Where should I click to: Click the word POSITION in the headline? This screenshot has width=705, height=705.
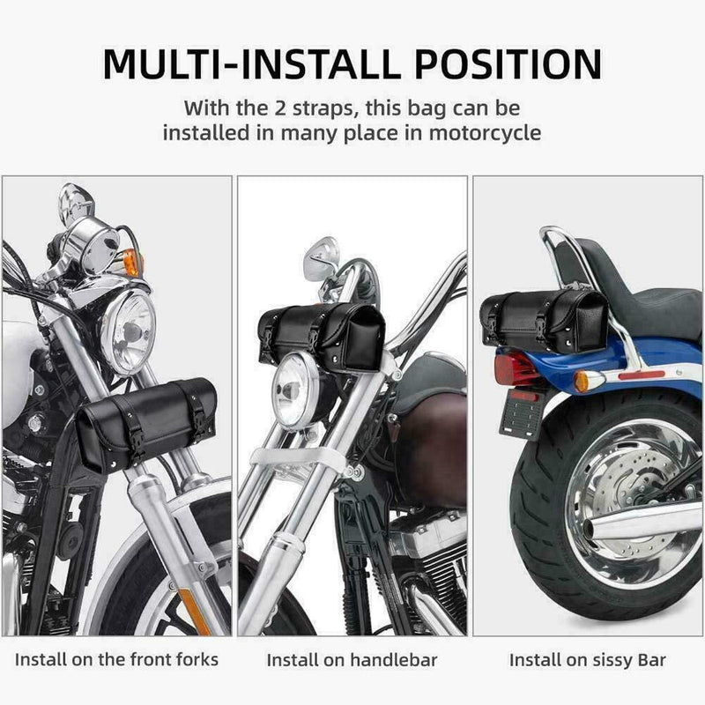point(508,63)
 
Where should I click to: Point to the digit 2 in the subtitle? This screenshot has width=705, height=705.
point(279,108)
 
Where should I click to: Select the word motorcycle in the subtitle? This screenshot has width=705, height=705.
point(485,133)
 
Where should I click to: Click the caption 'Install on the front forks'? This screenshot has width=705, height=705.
point(116,659)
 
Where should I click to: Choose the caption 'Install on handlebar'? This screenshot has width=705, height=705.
point(352,660)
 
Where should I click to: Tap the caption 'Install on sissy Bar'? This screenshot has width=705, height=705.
point(587,660)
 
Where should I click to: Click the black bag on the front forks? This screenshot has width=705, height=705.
point(145,423)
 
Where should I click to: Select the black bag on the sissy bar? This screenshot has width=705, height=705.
point(544,321)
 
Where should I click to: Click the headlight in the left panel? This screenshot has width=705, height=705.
point(128,331)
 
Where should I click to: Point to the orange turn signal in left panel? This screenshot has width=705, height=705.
point(132,262)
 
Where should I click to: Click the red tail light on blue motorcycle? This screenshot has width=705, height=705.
point(516,368)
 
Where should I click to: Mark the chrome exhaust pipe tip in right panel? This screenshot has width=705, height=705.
point(592,529)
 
